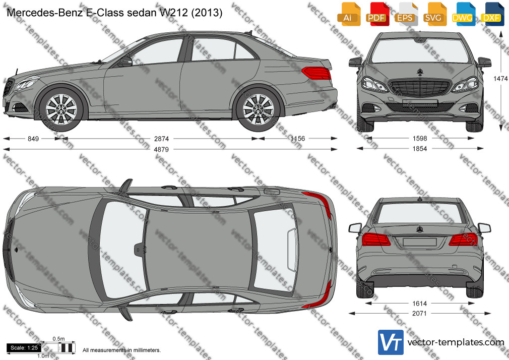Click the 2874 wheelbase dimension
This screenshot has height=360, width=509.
point(161,139)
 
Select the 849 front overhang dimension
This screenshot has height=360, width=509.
point(33,139)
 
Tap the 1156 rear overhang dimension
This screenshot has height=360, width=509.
point(298,139)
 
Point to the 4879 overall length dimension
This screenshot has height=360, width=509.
point(161,149)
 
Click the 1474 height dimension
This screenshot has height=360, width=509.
point(500,79)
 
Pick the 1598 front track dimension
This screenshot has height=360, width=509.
point(420,139)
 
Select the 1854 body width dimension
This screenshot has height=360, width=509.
point(420,148)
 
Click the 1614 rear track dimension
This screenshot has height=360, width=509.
point(419,304)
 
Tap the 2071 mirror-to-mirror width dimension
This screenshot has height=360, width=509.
point(419,314)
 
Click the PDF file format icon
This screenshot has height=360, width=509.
point(376,14)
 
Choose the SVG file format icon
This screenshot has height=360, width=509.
point(434,14)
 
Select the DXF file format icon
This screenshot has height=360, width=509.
point(492,14)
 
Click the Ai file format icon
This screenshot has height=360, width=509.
point(348,14)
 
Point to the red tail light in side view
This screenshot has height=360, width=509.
point(317,73)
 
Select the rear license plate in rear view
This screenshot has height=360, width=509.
point(419,242)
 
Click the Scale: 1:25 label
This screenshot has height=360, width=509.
point(24,348)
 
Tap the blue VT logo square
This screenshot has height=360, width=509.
point(391,342)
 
